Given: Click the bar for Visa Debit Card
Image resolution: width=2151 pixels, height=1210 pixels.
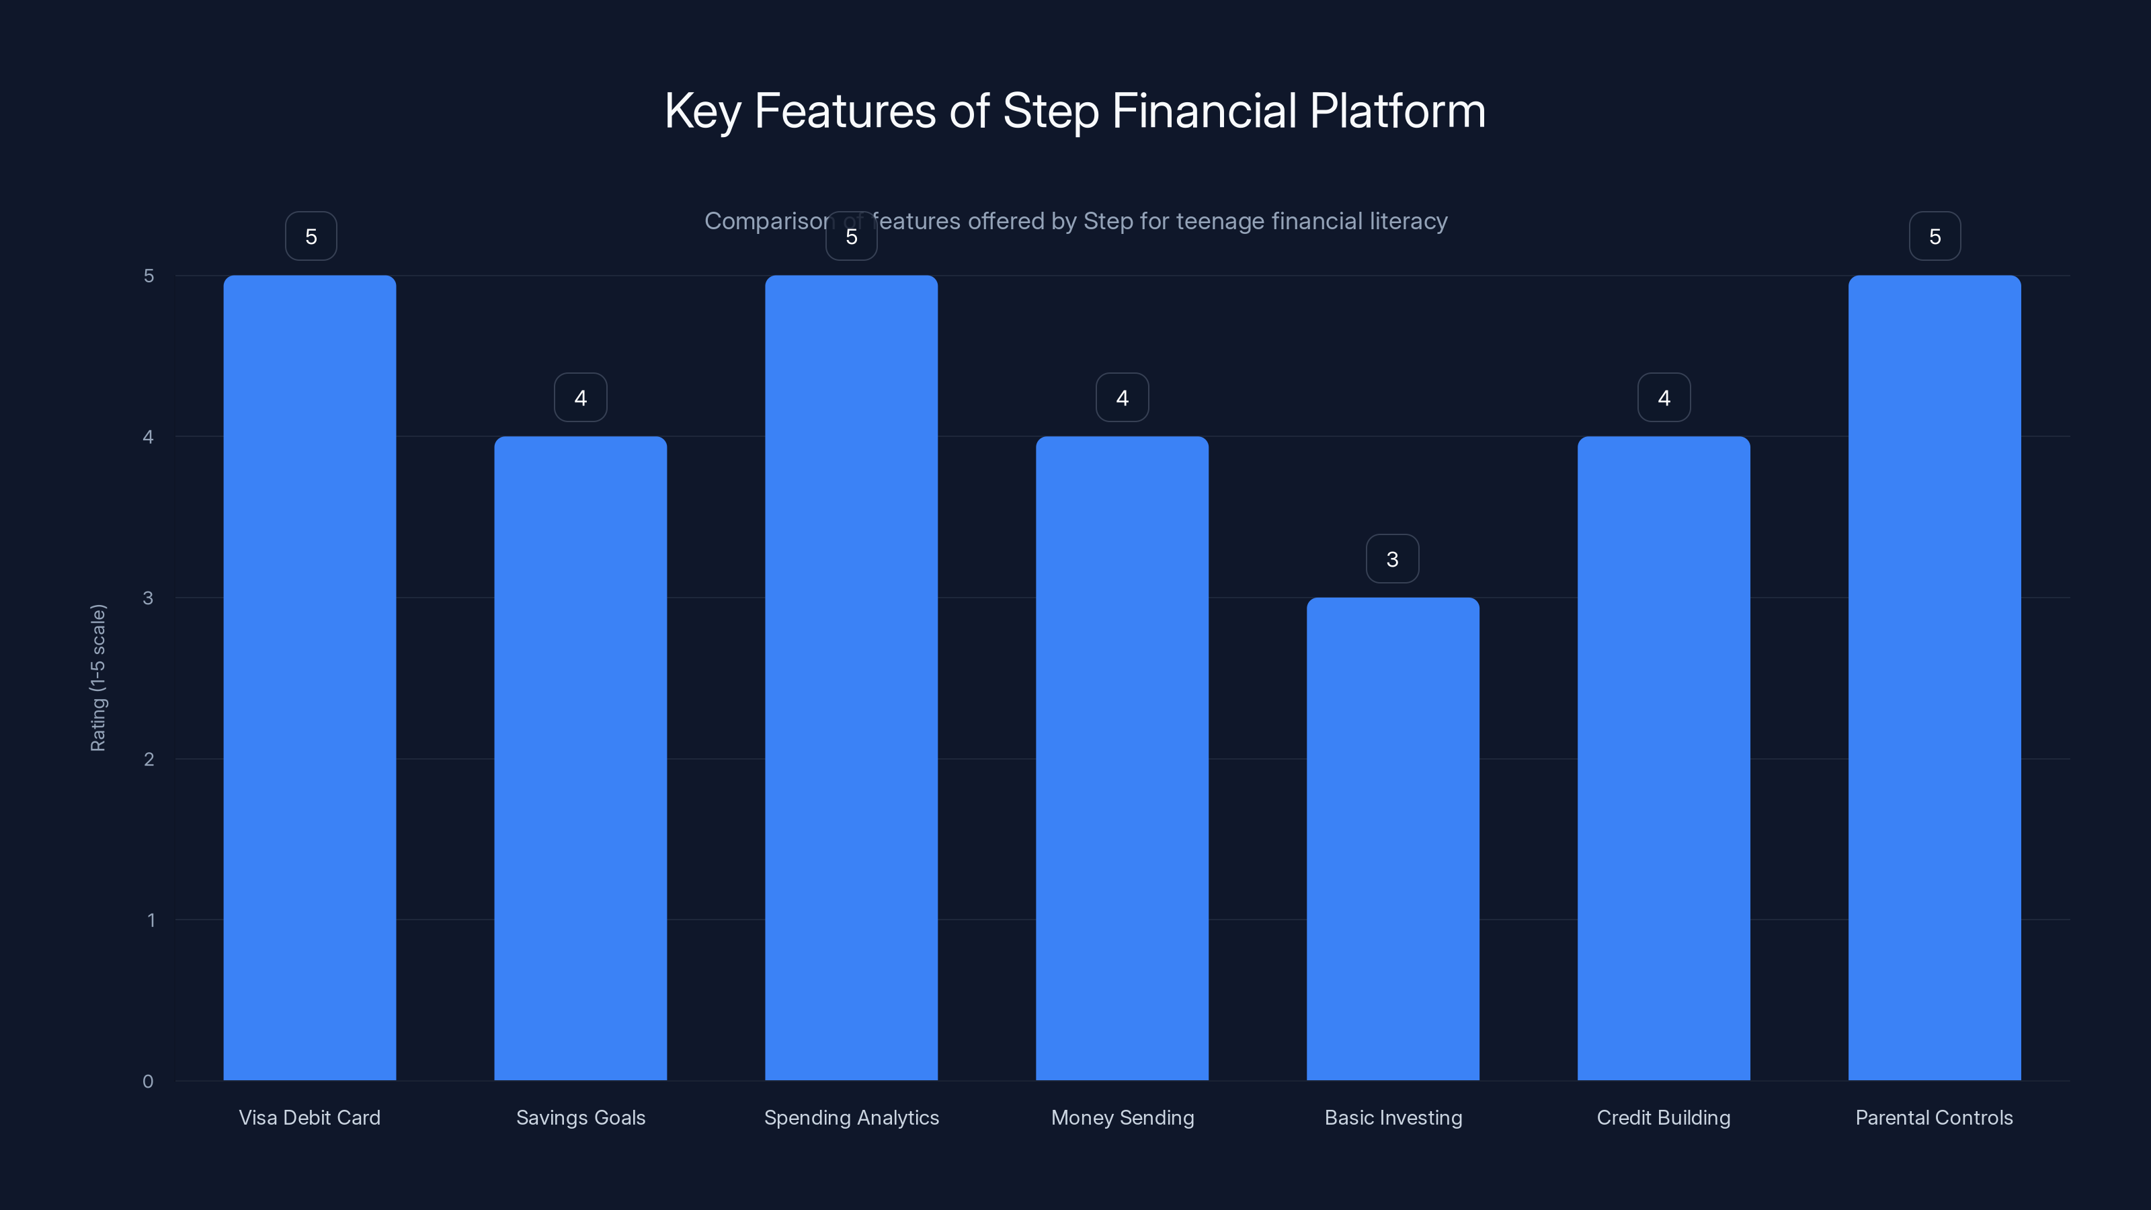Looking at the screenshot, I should pyautogui.click(x=310, y=676).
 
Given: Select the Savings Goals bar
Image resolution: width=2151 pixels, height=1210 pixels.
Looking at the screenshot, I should pyautogui.click(x=580, y=758).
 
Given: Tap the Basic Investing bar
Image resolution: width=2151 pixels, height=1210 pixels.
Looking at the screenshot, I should pyautogui.click(x=1393, y=838).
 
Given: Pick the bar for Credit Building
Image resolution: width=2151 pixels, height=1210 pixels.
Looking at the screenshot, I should pyautogui.click(x=1664, y=758).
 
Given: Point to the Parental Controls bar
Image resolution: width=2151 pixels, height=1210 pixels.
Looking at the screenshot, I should pyautogui.click(x=1935, y=676).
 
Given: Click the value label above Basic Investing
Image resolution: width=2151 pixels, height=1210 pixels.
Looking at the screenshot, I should pyautogui.click(x=1392, y=559).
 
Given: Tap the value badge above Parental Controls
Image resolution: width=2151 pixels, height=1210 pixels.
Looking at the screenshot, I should pyautogui.click(x=1935, y=237).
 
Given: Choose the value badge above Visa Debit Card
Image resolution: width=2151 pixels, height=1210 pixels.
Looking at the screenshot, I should pyautogui.click(x=311, y=237).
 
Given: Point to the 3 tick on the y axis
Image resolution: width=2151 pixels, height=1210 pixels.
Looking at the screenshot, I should pyautogui.click(x=149, y=598).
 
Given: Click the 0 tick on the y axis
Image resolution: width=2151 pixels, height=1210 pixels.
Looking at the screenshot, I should pyautogui.click(x=149, y=1082).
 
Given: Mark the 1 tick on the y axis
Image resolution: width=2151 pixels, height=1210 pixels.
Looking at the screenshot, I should pyautogui.click(x=151, y=920).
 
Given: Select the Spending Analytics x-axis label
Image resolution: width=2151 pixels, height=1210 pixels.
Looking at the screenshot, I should pyautogui.click(x=852, y=1117).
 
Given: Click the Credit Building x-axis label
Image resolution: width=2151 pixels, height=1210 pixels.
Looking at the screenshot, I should pyautogui.click(x=1664, y=1117).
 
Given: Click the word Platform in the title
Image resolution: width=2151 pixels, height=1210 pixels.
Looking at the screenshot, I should pyautogui.click(x=1397, y=111).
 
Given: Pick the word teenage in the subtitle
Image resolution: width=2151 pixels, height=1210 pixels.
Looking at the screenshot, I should pyautogui.click(x=1220, y=221).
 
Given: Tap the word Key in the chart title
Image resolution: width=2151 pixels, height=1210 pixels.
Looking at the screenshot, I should pyautogui.click(x=702, y=111).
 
